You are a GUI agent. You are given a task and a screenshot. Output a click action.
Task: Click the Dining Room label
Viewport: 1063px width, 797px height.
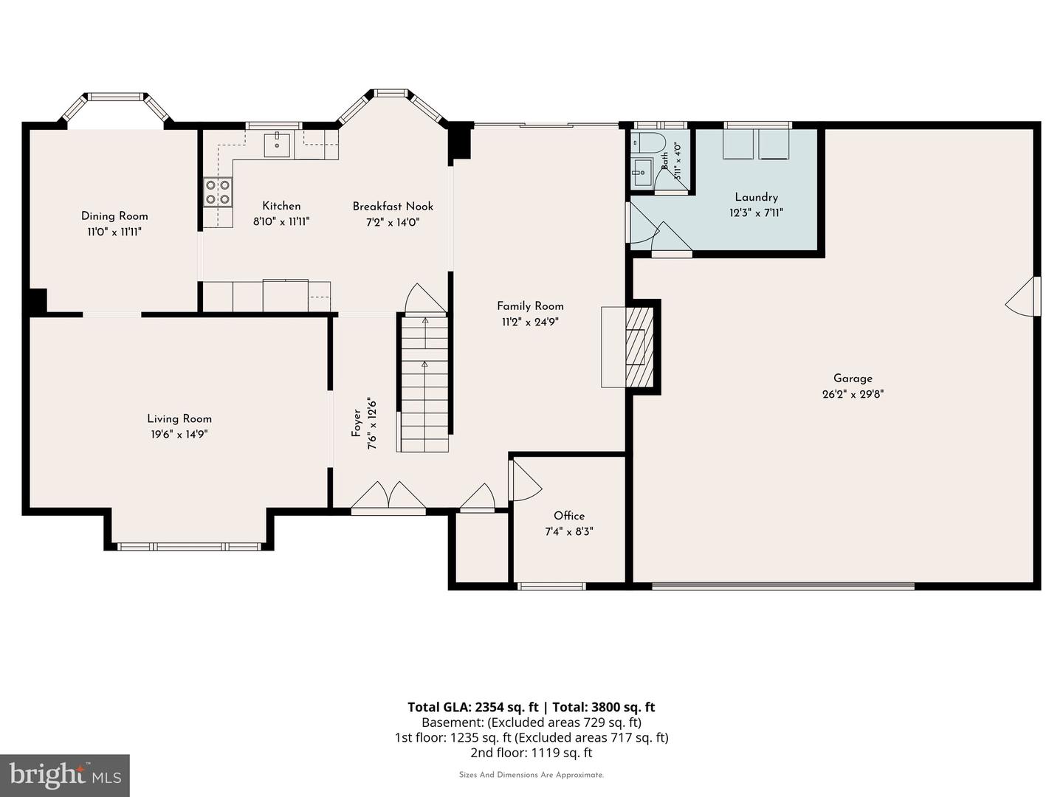click(x=114, y=215)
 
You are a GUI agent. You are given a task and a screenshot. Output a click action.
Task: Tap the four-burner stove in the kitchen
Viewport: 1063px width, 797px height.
click(x=218, y=192)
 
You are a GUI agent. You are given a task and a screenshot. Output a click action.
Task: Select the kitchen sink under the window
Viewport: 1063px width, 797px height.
click(x=277, y=145)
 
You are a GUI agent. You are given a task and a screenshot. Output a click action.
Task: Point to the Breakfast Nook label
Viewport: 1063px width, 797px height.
click(x=393, y=207)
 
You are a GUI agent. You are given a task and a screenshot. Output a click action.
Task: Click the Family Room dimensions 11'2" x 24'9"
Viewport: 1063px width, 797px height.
click(x=530, y=322)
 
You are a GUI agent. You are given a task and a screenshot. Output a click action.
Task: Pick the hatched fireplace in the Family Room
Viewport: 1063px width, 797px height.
click(x=639, y=347)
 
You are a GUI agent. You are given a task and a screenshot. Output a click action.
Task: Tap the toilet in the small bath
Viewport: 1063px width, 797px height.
click(x=648, y=142)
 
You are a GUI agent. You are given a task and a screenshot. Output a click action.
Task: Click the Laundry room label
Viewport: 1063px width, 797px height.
click(x=757, y=198)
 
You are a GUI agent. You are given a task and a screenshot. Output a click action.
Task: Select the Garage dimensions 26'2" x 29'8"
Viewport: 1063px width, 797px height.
click(x=853, y=394)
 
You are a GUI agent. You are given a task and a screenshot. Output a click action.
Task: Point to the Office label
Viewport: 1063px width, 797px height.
click(x=569, y=516)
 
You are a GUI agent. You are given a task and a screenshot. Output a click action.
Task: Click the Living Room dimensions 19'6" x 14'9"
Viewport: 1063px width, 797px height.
click(x=179, y=435)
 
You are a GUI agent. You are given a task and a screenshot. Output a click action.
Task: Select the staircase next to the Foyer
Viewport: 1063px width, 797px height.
click(x=423, y=382)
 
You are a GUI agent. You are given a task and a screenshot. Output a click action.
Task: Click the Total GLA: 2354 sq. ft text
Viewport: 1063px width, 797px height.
click(x=472, y=707)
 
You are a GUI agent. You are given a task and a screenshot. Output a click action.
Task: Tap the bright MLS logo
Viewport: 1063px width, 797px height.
click(x=65, y=775)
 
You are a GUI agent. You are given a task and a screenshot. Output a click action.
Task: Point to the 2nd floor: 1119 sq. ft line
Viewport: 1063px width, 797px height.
click(x=531, y=753)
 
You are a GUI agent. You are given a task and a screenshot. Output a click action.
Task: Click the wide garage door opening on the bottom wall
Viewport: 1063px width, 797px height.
click(x=783, y=586)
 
